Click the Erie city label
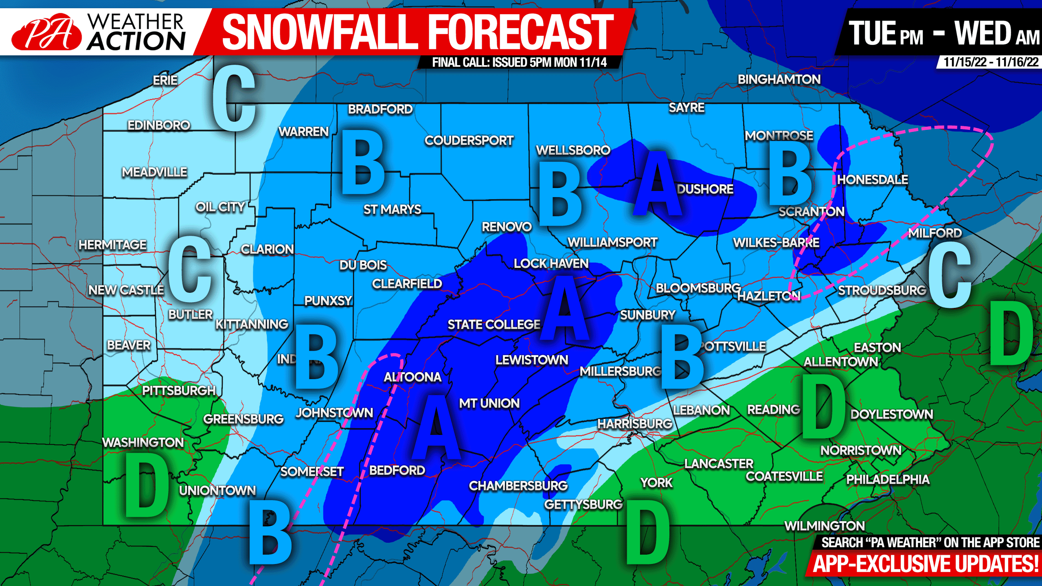165,80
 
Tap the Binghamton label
779,79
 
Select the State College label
494,325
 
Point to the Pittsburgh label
178,391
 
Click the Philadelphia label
888,479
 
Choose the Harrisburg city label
634,424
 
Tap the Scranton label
811,211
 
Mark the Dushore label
705,189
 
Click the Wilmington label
824,526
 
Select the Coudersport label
469,140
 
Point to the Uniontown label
217,490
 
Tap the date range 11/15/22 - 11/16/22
991,62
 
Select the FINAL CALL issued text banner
519,62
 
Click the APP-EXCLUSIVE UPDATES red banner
925,564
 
